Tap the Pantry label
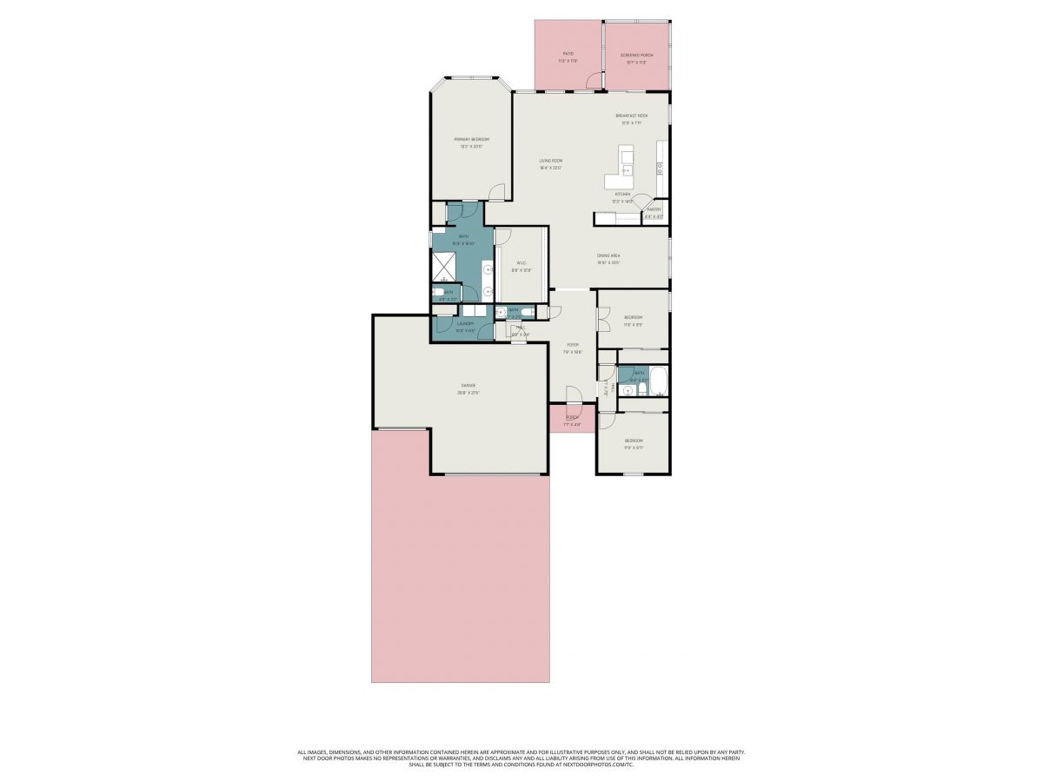[654, 209]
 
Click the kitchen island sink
[626, 170]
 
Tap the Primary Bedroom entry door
[495, 193]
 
